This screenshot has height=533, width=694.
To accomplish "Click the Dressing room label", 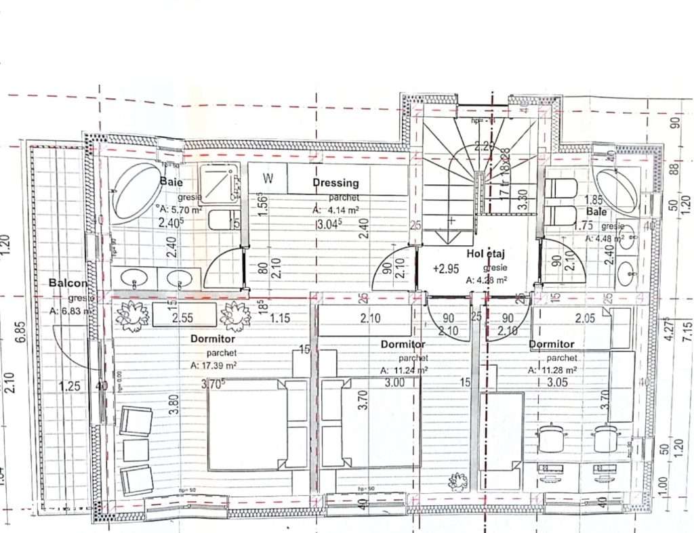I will (335, 183).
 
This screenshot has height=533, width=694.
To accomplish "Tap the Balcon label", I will (68, 283).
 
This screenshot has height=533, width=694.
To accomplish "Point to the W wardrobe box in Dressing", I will (268, 179).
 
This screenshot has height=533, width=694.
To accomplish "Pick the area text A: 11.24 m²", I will (404, 370).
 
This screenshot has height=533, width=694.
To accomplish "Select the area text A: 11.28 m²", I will (552, 370).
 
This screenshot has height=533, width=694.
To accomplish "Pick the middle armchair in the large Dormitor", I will (135, 449).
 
